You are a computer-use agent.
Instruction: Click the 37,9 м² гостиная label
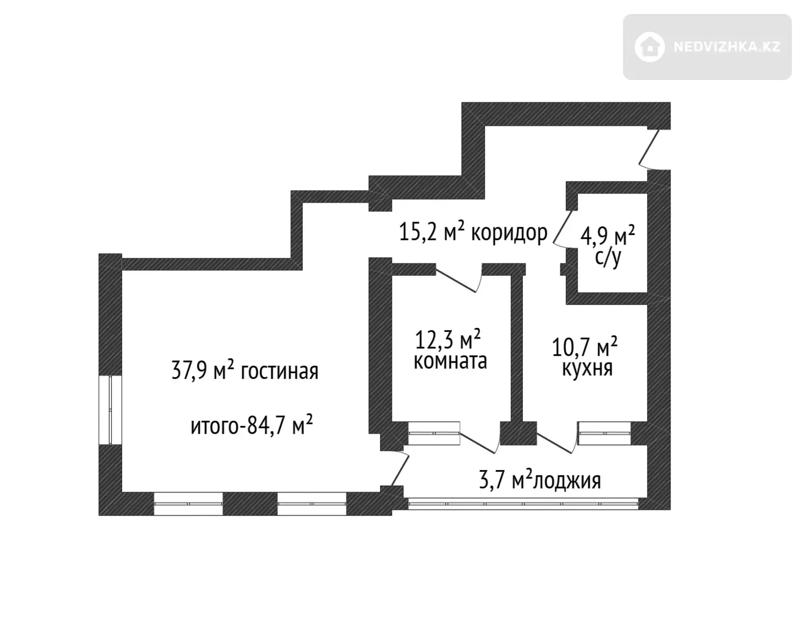(245, 370)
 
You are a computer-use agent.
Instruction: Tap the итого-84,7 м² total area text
(252, 425)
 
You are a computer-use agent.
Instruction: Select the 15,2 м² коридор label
(474, 232)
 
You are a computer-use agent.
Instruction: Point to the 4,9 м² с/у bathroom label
(607, 246)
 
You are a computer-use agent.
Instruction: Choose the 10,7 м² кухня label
(585, 356)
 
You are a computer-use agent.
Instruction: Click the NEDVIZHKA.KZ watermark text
(728, 46)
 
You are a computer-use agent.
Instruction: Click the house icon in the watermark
(649, 46)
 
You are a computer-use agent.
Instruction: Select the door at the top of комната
(459, 278)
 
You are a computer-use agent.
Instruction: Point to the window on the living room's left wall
(110, 410)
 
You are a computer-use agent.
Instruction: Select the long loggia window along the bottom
(523, 504)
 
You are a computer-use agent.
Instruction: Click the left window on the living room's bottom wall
(188, 504)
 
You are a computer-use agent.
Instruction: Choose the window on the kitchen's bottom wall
(604, 433)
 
